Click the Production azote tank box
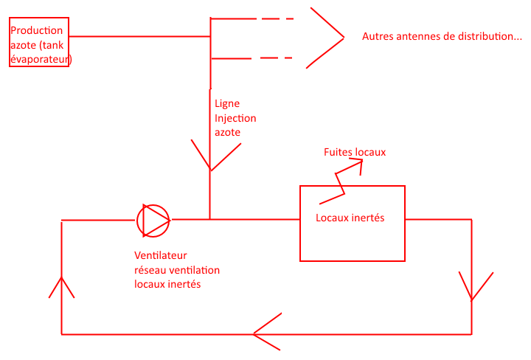coord(39,43)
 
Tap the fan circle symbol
coord(153,220)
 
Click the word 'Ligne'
coord(226,104)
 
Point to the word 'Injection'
coord(235,118)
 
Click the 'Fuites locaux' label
coord(355,152)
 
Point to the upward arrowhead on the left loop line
coord(61,285)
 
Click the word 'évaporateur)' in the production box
coord(41,58)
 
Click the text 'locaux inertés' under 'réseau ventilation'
coord(167,284)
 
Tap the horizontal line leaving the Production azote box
coord(140,36)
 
